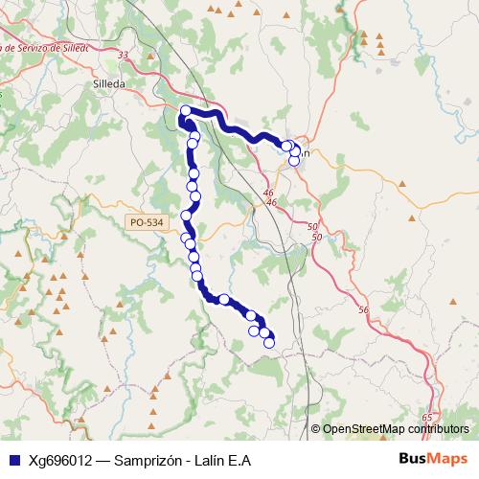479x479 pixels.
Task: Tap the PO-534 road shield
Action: (x=144, y=222)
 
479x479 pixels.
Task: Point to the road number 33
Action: (x=122, y=57)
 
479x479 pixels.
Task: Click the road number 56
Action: (x=362, y=310)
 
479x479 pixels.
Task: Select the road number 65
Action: (x=426, y=418)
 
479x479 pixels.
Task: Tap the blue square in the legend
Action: (x=12, y=461)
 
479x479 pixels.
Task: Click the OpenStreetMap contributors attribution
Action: (x=395, y=429)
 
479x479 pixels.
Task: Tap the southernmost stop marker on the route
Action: (x=269, y=342)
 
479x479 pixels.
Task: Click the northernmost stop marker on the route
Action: (x=186, y=110)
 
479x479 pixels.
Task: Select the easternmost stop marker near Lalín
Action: (x=296, y=151)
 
